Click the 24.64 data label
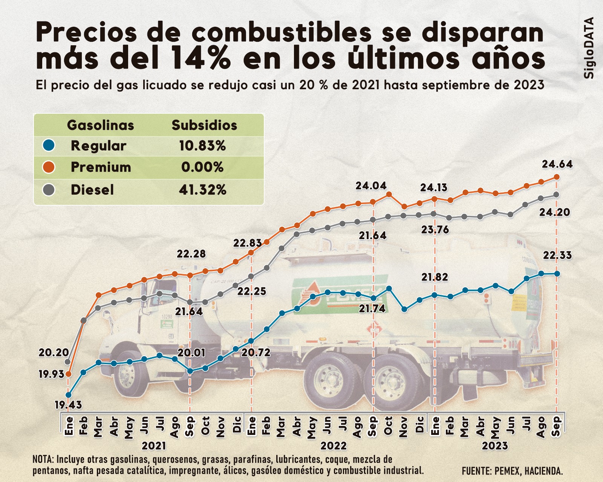pyautogui.click(x=557, y=164)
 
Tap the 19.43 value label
pyautogui.click(x=68, y=405)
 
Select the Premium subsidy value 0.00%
pyautogui.click(x=202, y=167)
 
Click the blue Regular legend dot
pyautogui.click(x=49, y=145)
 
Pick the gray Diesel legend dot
pyautogui.click(x=49, y=190)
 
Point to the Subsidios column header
pyautogui.click(x=204, y=125)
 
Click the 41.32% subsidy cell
pyautogui.click(x=202, y=190)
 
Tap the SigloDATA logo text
pyautogui.click(x=589, y=48)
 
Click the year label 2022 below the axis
pyautogui.click(x=334, y=446)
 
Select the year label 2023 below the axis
pyautogui.click(x=495, y=446)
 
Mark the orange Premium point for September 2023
pyautogui.click(x=557, y=177)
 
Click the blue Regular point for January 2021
pyautogui.click(x=68, y=395)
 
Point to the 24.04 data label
pyautogui.click(x=371, y=186)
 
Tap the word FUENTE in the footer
pyautogui.click(x=476, y=471)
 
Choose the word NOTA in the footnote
pyautogui.click(x=43, y=459)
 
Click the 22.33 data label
pyautogui.click(x=557, y=255)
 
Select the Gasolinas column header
pyautogui.click(x=100, y=125)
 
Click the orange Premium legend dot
pyautogui.click(x=49, y=167)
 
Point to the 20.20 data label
pyautogui.click(x=54, y=353)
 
